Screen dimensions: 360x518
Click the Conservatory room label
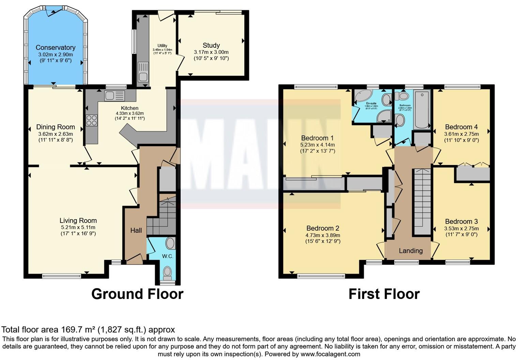55,48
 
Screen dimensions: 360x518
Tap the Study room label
211,45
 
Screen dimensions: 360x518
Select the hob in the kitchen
92,120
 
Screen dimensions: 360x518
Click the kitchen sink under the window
115,95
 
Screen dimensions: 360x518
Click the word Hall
136,230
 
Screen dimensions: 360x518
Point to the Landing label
411,251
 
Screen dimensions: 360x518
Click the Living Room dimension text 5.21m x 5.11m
78,227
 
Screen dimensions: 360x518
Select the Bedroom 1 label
317,138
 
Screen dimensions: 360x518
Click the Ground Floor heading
137,294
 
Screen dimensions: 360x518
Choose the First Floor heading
384,294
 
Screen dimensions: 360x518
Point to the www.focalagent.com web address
330,354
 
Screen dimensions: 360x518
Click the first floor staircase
422,201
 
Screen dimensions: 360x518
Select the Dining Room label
56,127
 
